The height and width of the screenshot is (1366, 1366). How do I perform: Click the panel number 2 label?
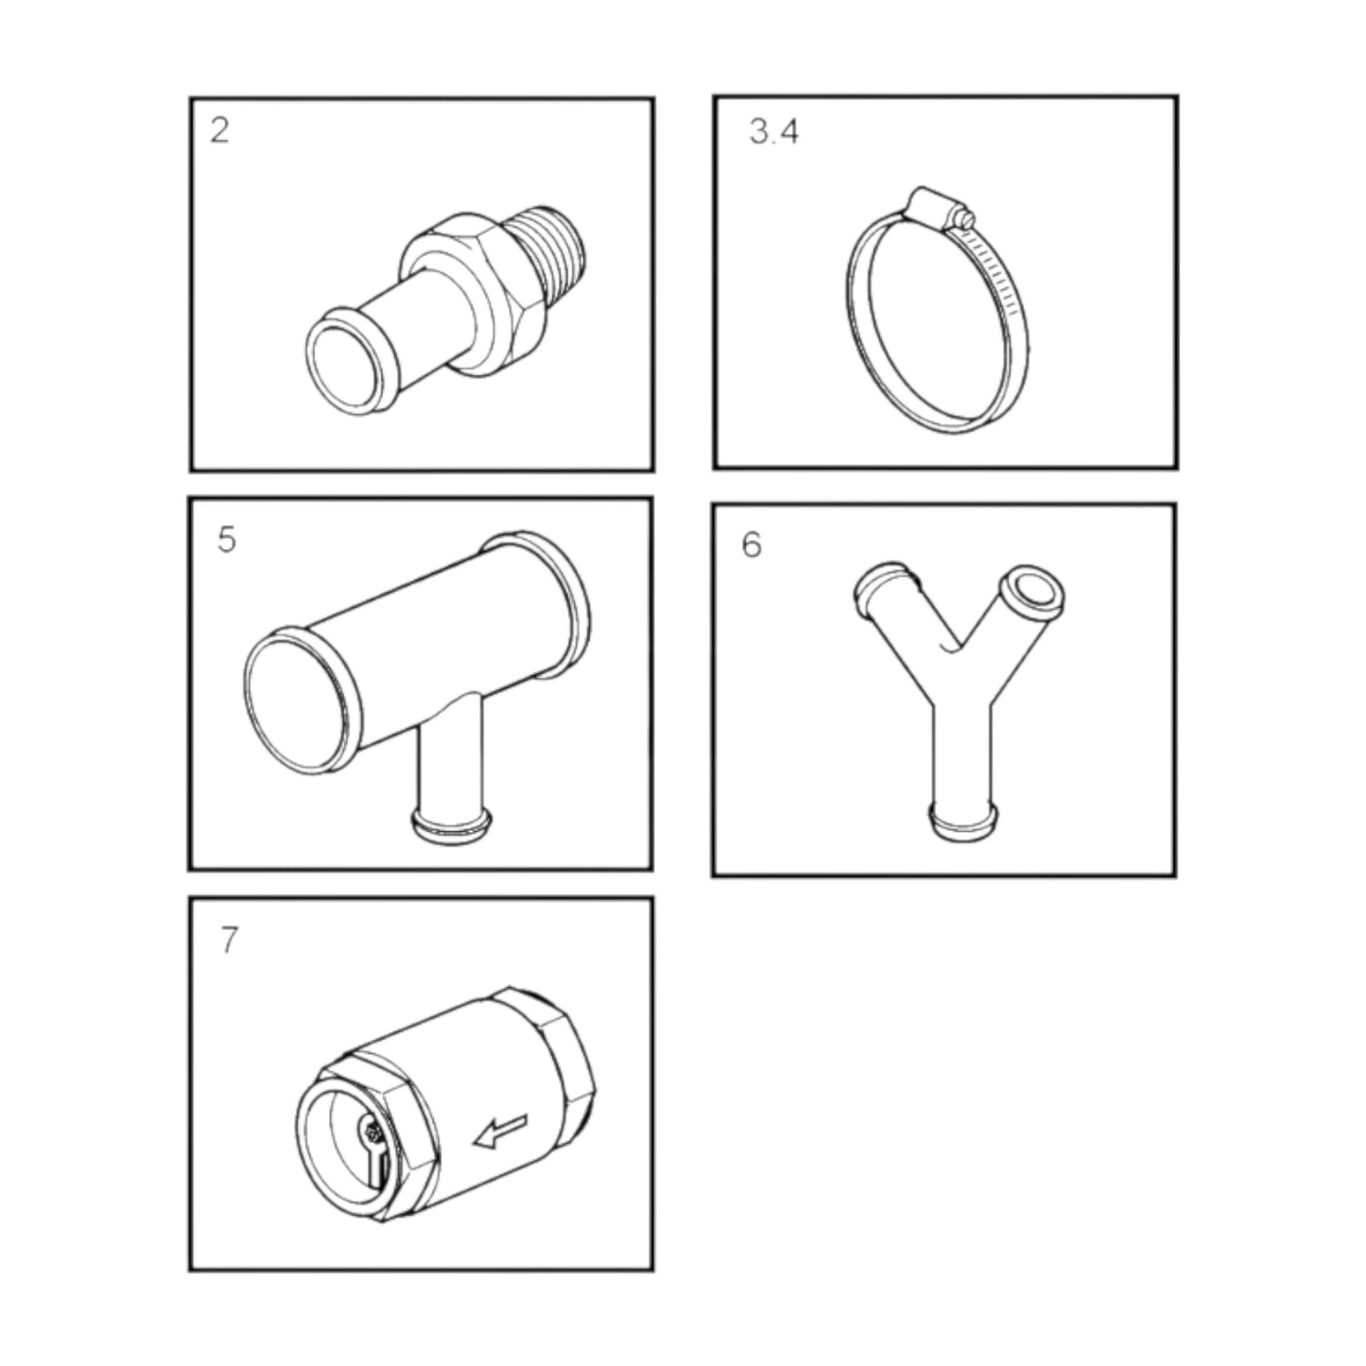(x=219, y=130)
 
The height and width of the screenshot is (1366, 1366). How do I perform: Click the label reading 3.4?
(x=773, y=132)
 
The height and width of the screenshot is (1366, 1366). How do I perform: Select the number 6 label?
(x=752, y=545)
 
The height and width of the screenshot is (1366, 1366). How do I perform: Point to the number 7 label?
(x=229, y=941)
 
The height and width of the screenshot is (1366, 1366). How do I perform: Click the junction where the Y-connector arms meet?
(x=963, y=681)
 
